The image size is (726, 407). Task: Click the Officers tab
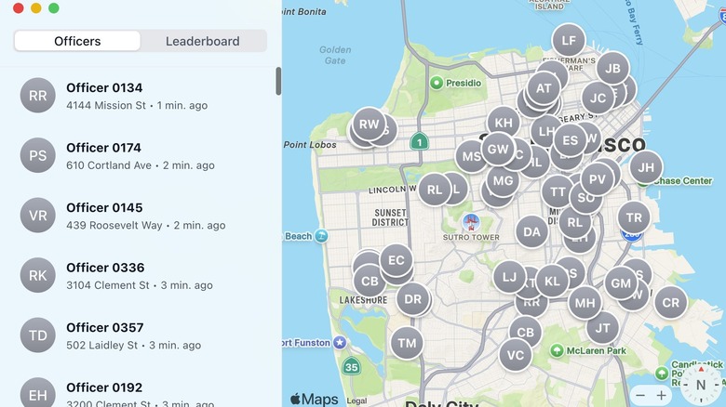[x=77, y=41]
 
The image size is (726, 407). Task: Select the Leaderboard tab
[x=202, y=41]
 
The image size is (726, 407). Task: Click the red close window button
[x=18, y=7]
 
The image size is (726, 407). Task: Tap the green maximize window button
[x=54, y=7]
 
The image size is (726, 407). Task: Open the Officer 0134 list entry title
[x=104, y=87]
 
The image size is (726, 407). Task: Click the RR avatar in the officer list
[x=37, y=95]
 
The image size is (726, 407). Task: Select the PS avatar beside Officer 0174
[x=37, y=155]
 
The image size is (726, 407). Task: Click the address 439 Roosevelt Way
[x=114, y=225]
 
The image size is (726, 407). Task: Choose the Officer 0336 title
[x=104, y=268]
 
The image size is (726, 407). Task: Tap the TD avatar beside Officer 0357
[x=37, y=335]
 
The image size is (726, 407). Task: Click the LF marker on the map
[x=569, y=40]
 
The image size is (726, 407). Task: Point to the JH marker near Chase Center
[x=646, y=167]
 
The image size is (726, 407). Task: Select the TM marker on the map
[x=407, y=343]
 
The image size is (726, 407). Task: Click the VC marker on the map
[x=516, y=354]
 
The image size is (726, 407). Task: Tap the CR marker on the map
[x=670, y=302]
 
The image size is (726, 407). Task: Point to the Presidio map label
[x=463, y=83]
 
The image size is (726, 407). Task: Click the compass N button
[x=699, y=385]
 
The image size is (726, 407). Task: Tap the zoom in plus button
[x=661, y=395]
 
